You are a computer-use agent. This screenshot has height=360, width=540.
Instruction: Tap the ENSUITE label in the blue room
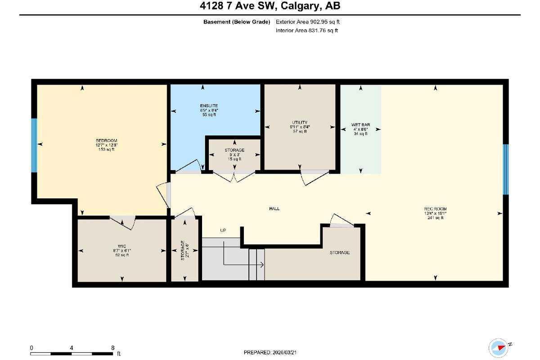[209, 106]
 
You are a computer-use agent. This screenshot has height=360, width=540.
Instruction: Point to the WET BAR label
[360, 125]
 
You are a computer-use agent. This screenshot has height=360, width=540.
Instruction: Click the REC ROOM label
[435, 209]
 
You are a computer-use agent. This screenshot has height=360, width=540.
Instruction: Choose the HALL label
[274, 209]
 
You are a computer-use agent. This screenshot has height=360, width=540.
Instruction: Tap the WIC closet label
[122, 246]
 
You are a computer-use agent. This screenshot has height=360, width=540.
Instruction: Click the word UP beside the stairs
[223, 230]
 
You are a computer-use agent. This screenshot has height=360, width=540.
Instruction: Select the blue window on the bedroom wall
[34, 145]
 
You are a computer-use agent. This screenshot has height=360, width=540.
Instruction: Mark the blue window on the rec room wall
[505, 169]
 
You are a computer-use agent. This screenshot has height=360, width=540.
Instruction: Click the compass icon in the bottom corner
[500, 347]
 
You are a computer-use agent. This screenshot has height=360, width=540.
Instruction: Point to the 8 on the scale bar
[112, 348]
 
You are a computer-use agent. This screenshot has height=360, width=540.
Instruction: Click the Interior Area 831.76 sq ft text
[306, 31]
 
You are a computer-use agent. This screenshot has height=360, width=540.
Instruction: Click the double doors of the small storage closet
[234, 177]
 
